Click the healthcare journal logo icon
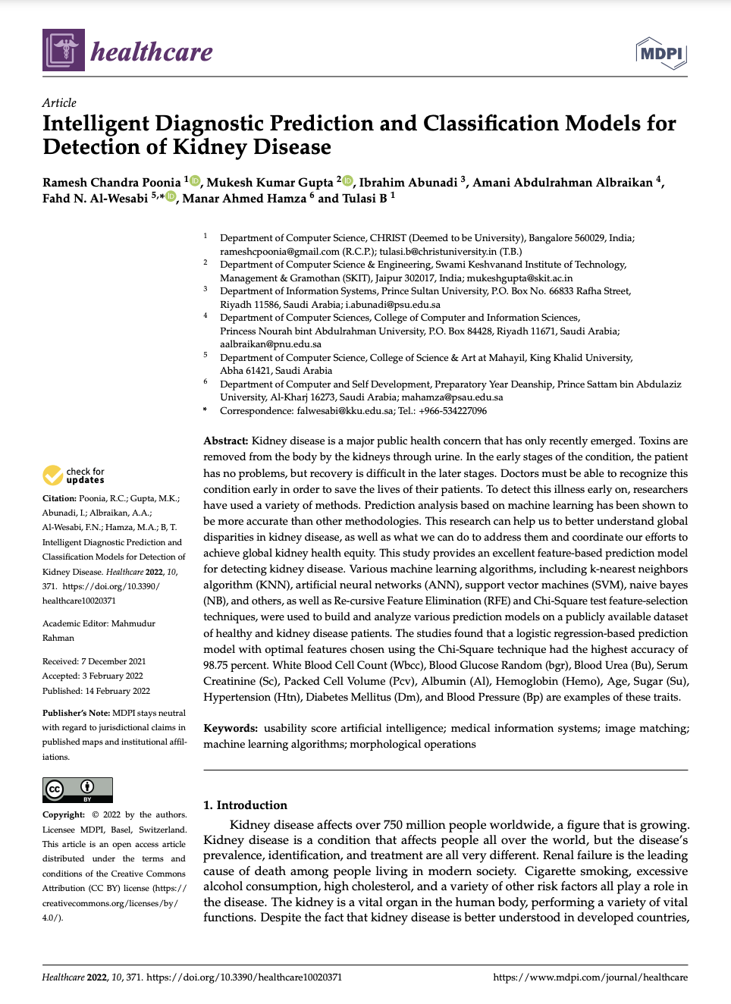64,51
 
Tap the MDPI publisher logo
660,53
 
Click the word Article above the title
59,102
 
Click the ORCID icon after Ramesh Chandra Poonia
195,181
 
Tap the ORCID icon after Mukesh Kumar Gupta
348,181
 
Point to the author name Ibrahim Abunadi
408,183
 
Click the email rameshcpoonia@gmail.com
280,252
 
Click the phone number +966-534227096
453,411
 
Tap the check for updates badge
74,475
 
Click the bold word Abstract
225,441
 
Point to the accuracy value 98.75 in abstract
218,665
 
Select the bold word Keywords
230,728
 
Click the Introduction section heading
245,805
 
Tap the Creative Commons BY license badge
77,789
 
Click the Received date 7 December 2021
113,661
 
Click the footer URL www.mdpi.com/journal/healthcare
590,977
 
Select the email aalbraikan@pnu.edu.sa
271,344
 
